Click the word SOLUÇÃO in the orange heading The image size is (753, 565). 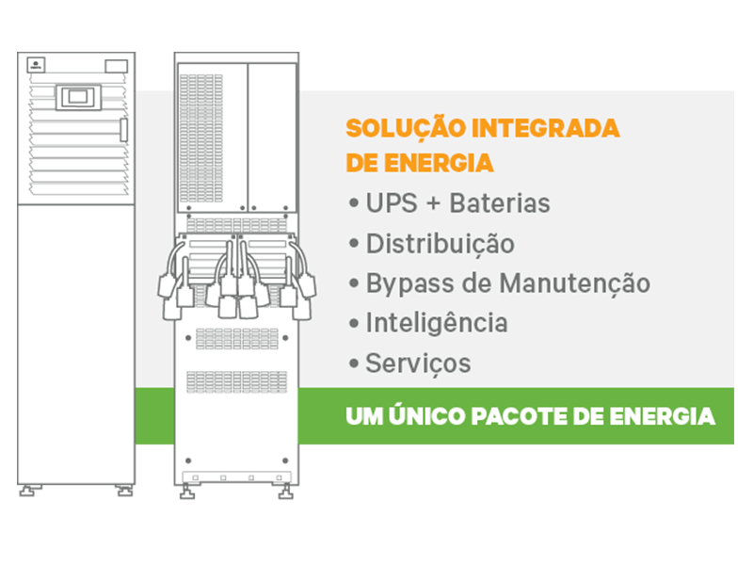[x=406, y=129]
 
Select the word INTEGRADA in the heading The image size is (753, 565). [x=546, y=128]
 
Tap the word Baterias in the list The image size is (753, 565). [x=500, y=203]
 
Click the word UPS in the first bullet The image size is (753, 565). [x=392, y=203]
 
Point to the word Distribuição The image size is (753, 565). [x=441, y=244]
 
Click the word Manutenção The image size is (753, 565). [x=575, y=283]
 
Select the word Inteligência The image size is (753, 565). [x=437, y=323]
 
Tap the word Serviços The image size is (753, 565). [x=418, y=363]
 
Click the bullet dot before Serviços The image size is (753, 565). [x=354, y=363]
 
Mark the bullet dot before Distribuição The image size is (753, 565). [x=354, y=243]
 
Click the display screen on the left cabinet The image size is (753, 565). [x=78, y=98]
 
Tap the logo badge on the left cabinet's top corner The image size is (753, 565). [x=36, y=64]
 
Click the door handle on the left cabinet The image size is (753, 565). [x=123, y=130]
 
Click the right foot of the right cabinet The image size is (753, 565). [x=286, y=492]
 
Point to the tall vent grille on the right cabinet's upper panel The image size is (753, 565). [x=201, y=138]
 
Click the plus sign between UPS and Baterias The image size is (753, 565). [x=433, y=203]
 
